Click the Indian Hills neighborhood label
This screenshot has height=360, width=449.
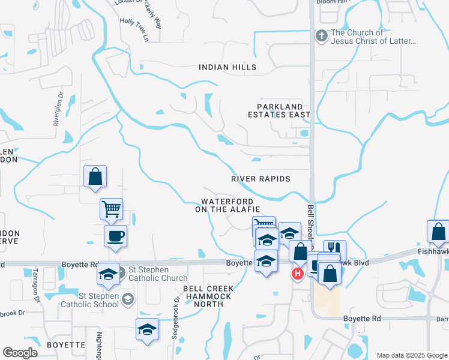click(x=228, y=67)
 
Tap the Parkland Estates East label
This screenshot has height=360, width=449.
click(x=280, y=110)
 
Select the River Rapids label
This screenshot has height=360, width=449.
click(x=261, y=179)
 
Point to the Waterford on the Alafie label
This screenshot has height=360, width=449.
click(x=227, y=205)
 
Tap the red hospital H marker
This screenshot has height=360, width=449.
click(x=297, y=274)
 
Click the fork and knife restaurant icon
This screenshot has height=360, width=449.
click(x=334, y=248)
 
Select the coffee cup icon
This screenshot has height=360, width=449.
click(x=115, y=235)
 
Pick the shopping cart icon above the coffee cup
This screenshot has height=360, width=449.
click(x=111, y=209)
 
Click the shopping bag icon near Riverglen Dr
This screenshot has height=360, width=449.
click(x=95, y=176)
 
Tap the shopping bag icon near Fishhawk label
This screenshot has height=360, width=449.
click(x=438, y=231)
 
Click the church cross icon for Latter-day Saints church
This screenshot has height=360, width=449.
click(x=322, y=37)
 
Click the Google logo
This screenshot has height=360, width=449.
click(x=20, y=353)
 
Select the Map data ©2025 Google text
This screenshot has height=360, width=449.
click(x=411, y=355)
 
